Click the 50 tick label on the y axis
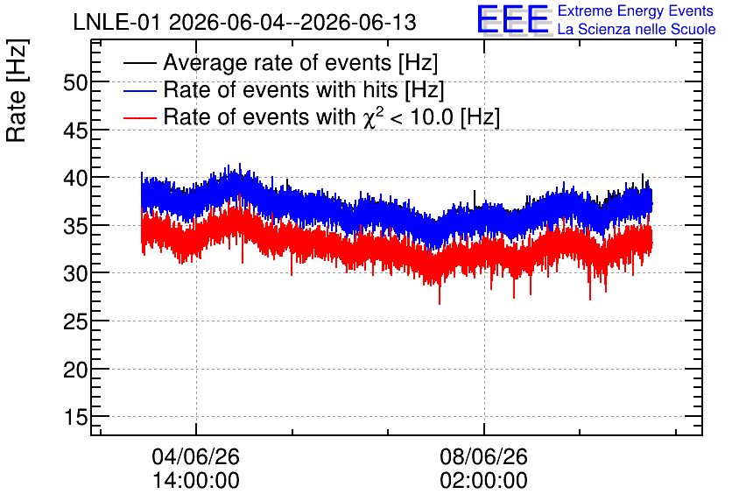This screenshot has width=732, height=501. point(75,83)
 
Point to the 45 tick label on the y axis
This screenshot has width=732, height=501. point(75,131)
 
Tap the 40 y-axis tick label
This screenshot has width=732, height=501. point(75,179)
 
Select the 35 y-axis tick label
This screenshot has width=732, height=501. point(75,227)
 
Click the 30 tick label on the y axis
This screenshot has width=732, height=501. point(75,273)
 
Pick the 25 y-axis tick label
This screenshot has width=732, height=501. point(75,321)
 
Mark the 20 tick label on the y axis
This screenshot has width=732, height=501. point(75,370)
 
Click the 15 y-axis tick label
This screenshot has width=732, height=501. point(76,417)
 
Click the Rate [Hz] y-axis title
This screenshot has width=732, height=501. point(17,90)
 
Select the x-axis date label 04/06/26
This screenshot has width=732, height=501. point(195,456)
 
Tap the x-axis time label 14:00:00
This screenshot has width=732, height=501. point(196,480)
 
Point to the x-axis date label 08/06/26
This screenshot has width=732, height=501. point(483,456)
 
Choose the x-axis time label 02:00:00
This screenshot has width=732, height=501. point(483,480)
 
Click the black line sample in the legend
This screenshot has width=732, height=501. point(139,62)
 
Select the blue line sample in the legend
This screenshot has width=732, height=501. point(139,90)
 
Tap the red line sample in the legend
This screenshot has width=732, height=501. point(139,117)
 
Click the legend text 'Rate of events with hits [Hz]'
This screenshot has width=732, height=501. point(304,89)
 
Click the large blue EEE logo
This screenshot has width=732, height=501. point(513,19)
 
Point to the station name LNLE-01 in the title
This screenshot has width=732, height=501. point(117,23)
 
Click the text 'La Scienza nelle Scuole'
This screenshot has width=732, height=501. point(637,29)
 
